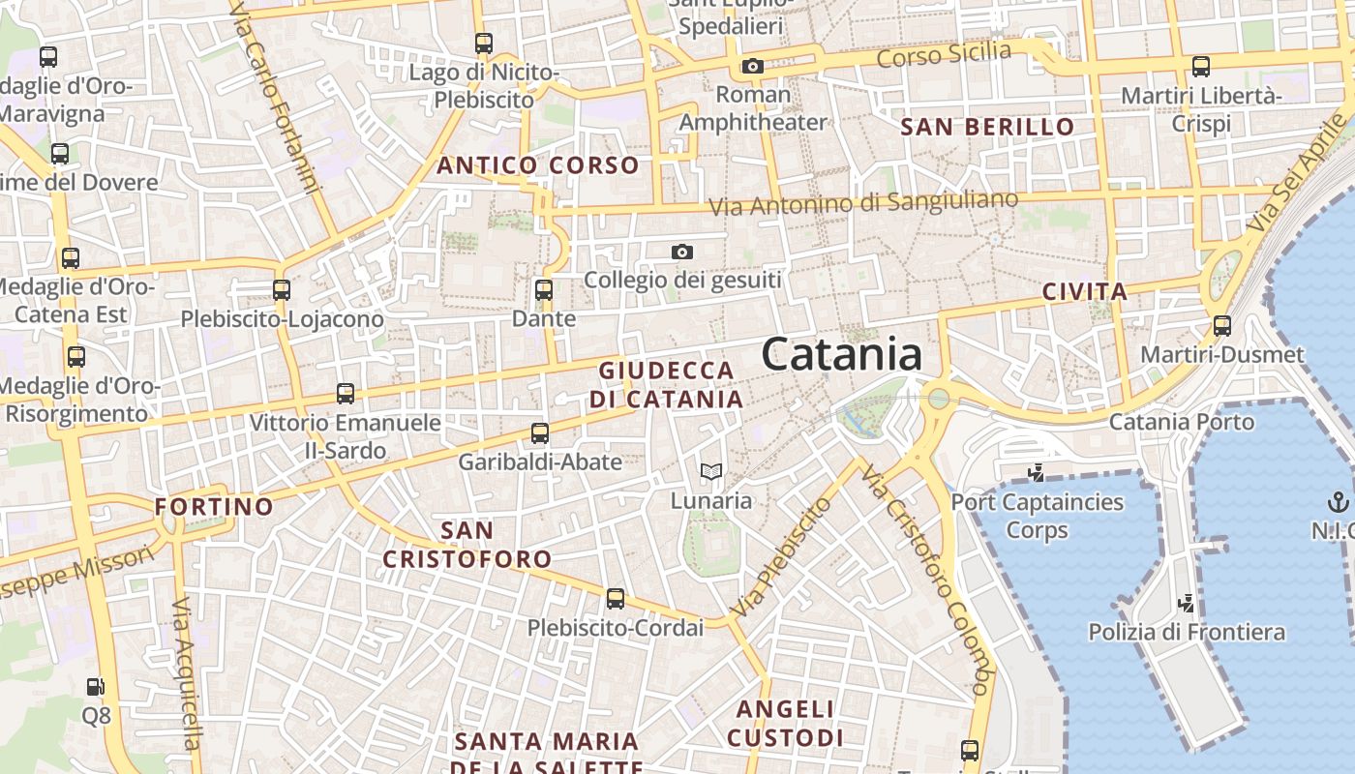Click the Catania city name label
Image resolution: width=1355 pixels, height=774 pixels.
(841, 355)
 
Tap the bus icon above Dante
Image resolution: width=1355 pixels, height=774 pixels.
(544, 289)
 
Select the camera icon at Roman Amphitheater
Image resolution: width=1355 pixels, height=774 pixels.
(752, 66)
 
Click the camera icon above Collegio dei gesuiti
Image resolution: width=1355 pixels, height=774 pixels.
(682, 252)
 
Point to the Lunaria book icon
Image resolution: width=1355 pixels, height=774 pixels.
(711, 472)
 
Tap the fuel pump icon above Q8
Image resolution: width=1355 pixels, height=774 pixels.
(96, 687)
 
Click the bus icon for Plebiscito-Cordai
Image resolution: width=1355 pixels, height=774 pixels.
(615, 599)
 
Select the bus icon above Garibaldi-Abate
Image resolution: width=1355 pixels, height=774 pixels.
(540, 432)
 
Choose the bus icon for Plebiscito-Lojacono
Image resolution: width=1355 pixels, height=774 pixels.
(282, 289)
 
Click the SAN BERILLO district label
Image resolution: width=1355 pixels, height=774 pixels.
(988, 127)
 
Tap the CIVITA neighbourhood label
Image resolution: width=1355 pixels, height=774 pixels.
(1085, 291)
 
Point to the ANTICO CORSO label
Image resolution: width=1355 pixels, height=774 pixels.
(538, 165)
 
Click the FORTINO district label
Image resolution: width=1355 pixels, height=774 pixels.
(214, 506)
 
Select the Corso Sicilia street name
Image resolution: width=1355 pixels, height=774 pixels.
(944, 55)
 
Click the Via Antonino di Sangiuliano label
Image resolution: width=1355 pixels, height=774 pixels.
(863, 203)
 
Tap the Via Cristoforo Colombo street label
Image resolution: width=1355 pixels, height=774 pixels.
(928, 580)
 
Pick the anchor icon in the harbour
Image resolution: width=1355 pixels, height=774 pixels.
(1337, 501)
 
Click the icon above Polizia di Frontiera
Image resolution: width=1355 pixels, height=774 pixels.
(1186, 604)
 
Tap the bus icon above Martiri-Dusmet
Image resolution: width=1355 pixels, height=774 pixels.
(1222, 325)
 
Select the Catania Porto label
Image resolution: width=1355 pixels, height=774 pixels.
(1181, 422)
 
